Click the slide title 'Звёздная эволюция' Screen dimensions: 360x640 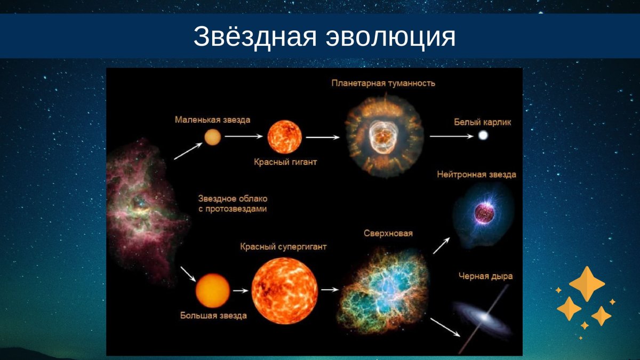(x=324, y=36)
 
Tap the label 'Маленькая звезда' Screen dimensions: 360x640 (x=212, y=120)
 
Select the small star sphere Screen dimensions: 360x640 (x=212, y=137)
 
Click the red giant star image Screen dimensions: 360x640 (x=284, y=137)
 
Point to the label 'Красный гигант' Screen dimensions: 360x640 (x=285, y=162)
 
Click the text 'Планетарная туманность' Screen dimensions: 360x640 (x=383, y=83)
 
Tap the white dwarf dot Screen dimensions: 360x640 (x=483, y=136)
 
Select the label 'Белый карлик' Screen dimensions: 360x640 (x=483, y=122)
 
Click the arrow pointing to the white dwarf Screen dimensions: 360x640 (x=451, y=137)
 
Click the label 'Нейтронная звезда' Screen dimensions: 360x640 (x=476, y=174)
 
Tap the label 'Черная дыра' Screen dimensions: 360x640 (x=485, y=276)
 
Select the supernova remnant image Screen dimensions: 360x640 (x=384, y=288)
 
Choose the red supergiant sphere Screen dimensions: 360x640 (x=285, y=291)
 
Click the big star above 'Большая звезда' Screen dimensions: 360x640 (x=213, y=291)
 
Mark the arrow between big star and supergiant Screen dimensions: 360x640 (x=241, y=291)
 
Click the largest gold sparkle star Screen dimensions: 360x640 (x=587, y=284)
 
